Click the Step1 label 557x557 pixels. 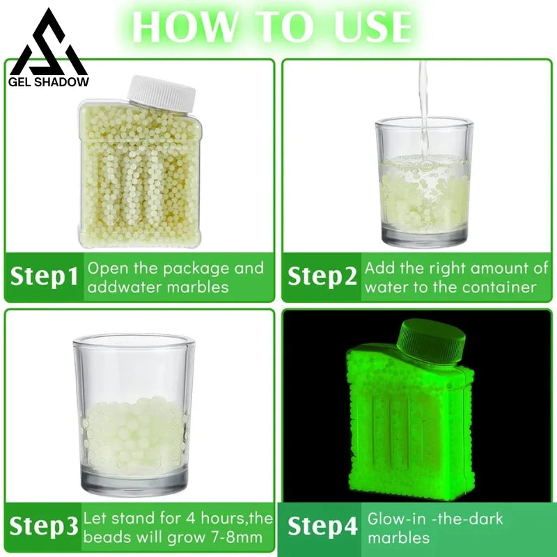[44, 277]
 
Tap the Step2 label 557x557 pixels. [322, 277]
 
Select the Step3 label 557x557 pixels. [43, 528]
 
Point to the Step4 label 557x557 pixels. [322, 528]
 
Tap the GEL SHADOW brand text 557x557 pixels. [49, 82]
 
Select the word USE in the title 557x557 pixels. [368, 26]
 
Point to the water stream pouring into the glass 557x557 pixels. [422, 104]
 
